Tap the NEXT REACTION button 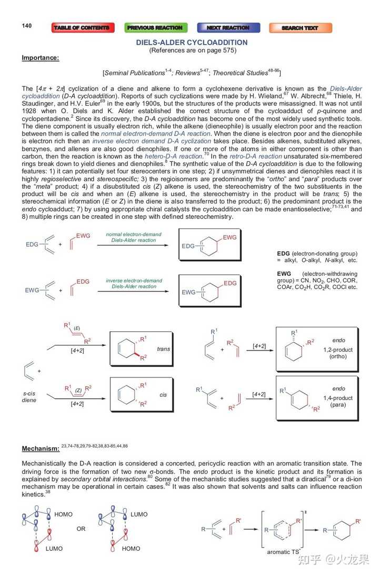coord(228,28)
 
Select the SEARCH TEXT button coord(300,28)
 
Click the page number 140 coord(27,26)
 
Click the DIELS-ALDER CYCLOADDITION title coord(192,42)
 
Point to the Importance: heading coord(40,57)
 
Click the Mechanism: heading coord(41,449)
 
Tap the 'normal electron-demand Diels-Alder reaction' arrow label coord(134,237)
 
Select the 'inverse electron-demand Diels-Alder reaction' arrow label coord(134,284)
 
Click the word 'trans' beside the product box coord(163,349)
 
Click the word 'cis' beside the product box coord(163,394)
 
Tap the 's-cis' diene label coord(29,393)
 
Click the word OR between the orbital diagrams coord(81,529)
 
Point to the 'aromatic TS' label coord(277,551)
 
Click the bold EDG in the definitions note coord(284,254)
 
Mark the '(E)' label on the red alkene coord(76,327)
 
